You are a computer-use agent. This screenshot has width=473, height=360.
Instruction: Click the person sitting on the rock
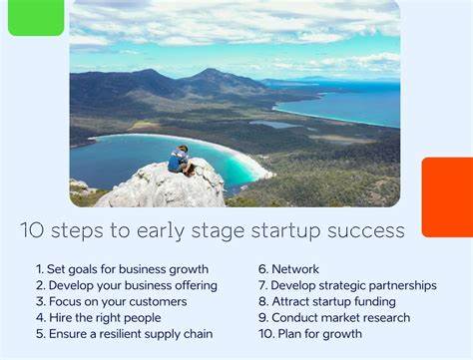[x=179, y=160]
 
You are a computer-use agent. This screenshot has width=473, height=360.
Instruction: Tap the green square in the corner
[x=35, y=17]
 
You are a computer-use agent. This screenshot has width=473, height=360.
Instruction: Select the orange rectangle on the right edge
[x=447, y=196]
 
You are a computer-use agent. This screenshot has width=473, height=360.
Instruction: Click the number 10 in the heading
[x=31, y=231]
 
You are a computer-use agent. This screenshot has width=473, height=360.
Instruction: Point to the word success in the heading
[x=364, y=231]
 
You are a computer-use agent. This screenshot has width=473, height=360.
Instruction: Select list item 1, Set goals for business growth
[x=122, y=269]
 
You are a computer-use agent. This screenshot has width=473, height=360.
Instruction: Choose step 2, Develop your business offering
[x=126, y=285]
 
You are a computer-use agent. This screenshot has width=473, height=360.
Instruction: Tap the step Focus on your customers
[x=111, y=301]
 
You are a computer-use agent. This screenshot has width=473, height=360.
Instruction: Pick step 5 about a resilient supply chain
[x=124, y=334]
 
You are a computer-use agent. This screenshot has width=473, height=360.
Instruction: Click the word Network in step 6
[x=294, y=269]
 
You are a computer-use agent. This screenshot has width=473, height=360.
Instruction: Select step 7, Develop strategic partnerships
[x=346, y=285]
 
